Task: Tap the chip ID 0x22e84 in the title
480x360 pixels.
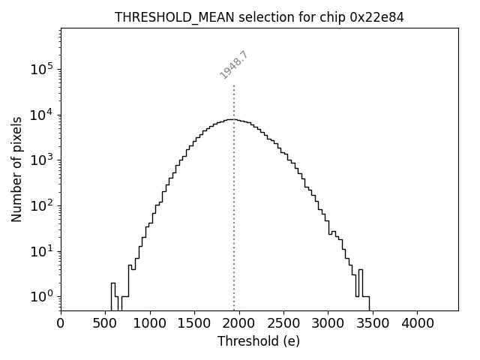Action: (x=377, y=17)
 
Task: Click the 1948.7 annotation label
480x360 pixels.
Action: (x=234, y=64)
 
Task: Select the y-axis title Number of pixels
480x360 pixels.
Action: (x=16, y=169)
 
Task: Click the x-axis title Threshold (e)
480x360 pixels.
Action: (x=259, y=341)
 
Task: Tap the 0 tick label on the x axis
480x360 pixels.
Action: (x=61, y=323)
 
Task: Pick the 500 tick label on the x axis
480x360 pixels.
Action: (x=106, y=323)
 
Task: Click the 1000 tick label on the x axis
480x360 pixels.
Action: (x=150, y=323)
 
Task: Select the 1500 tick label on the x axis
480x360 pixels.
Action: (x=194, y=323)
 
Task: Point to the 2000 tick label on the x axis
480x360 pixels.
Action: (x=239, y=323)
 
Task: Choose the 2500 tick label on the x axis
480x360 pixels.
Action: (x=283, y=323)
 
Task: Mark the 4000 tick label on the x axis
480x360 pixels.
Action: (x=417, y=323)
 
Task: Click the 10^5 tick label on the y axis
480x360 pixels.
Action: (x=41, y=69)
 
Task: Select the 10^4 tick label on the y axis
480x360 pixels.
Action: (x=41, y=115)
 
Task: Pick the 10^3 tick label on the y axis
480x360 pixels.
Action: (x=41, y=160)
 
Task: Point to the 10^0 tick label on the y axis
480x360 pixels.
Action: (x=41, y=296)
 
